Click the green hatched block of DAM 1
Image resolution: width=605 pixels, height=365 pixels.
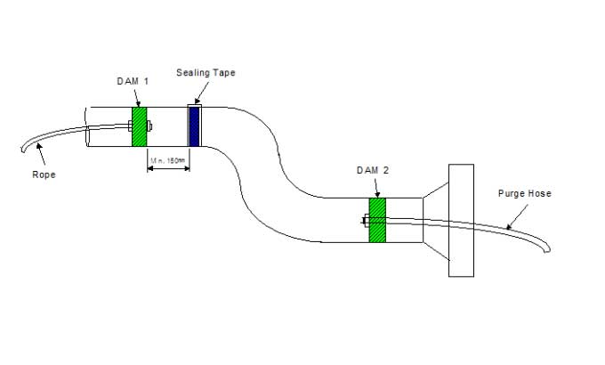pyautogui.click(x=139, y=126)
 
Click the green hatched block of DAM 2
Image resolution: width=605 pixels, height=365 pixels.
pyautogui.click(x=377, y=220)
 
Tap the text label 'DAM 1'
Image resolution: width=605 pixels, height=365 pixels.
pyautogui.click(x=133, y=81)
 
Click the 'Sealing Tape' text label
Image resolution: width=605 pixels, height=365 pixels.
pyautogui.click(x=206, y=72)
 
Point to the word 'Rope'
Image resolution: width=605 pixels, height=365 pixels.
pyautogui.click(x=43, y=174)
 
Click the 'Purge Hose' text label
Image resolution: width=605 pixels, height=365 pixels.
pyautogui.click(x=525, y=193)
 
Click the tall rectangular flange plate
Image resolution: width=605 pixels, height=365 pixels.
pyautogui.click(x=461, y=220)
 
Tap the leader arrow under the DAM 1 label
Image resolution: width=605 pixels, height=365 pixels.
pyautogui.click(x=136, y=97)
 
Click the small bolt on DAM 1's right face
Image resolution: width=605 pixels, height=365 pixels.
pyautogui.click(x=149, y=126)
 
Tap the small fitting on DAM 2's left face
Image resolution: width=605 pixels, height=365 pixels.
pyautogui.click(x=366, y=221)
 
